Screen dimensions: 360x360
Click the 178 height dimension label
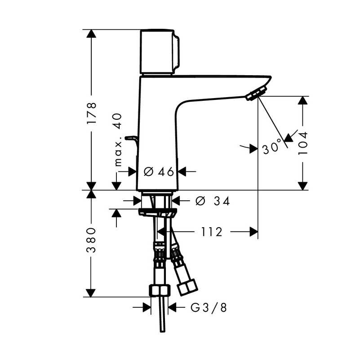click(x=91, y=113)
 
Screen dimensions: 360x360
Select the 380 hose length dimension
click(x=91, y=240)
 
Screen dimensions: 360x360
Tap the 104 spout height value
click(x=302, y=143)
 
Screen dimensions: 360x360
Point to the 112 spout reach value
click(x=212, y=232)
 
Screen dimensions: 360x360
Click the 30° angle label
click(x=272, y=147)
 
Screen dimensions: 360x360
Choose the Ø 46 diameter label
click(x=159, y=171)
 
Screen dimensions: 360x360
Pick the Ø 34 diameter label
click(x=213, y=202)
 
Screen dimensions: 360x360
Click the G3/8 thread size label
click(x=209, y=307)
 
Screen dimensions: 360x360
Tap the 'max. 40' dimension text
click(x=118, y=139)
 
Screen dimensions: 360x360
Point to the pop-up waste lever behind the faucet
click(x=131, y=141)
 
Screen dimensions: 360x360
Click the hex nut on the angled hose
click(x=188, y=288)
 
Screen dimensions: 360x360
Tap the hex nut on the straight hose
click(x=160, y=290)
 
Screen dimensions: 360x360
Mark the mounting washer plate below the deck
click(x=157, y=212)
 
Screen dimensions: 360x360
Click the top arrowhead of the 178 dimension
click(x=91, y=34)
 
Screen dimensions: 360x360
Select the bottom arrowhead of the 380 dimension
click(x=91, y=293)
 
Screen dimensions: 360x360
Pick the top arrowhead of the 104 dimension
click(x=302, y=100)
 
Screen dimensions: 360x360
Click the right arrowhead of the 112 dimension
click(x=253, y=232)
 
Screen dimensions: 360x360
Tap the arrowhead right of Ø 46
click(x=182, y=171)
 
